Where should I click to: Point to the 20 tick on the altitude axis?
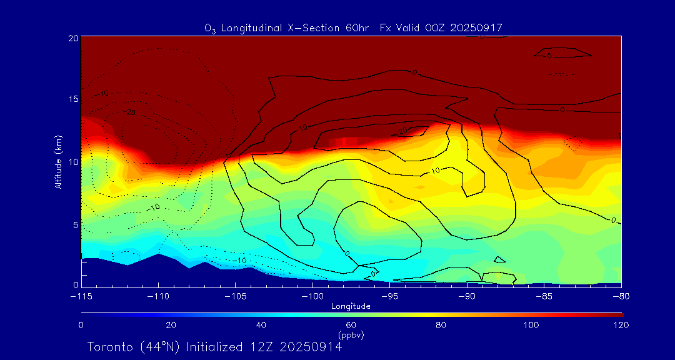coord(73,38)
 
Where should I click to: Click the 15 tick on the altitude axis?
coord(73,100)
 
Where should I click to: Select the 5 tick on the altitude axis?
coord(75,224)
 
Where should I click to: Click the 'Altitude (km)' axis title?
coord(58,161)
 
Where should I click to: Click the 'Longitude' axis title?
coord(351,306)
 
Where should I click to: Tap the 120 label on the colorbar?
coord(621,325)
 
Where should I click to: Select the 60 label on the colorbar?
coord(351,325)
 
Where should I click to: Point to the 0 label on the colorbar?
coord(81,325)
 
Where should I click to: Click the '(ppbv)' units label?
coord(351,335)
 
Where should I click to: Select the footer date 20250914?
coord(311,347)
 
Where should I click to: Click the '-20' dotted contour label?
coord(129,112)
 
